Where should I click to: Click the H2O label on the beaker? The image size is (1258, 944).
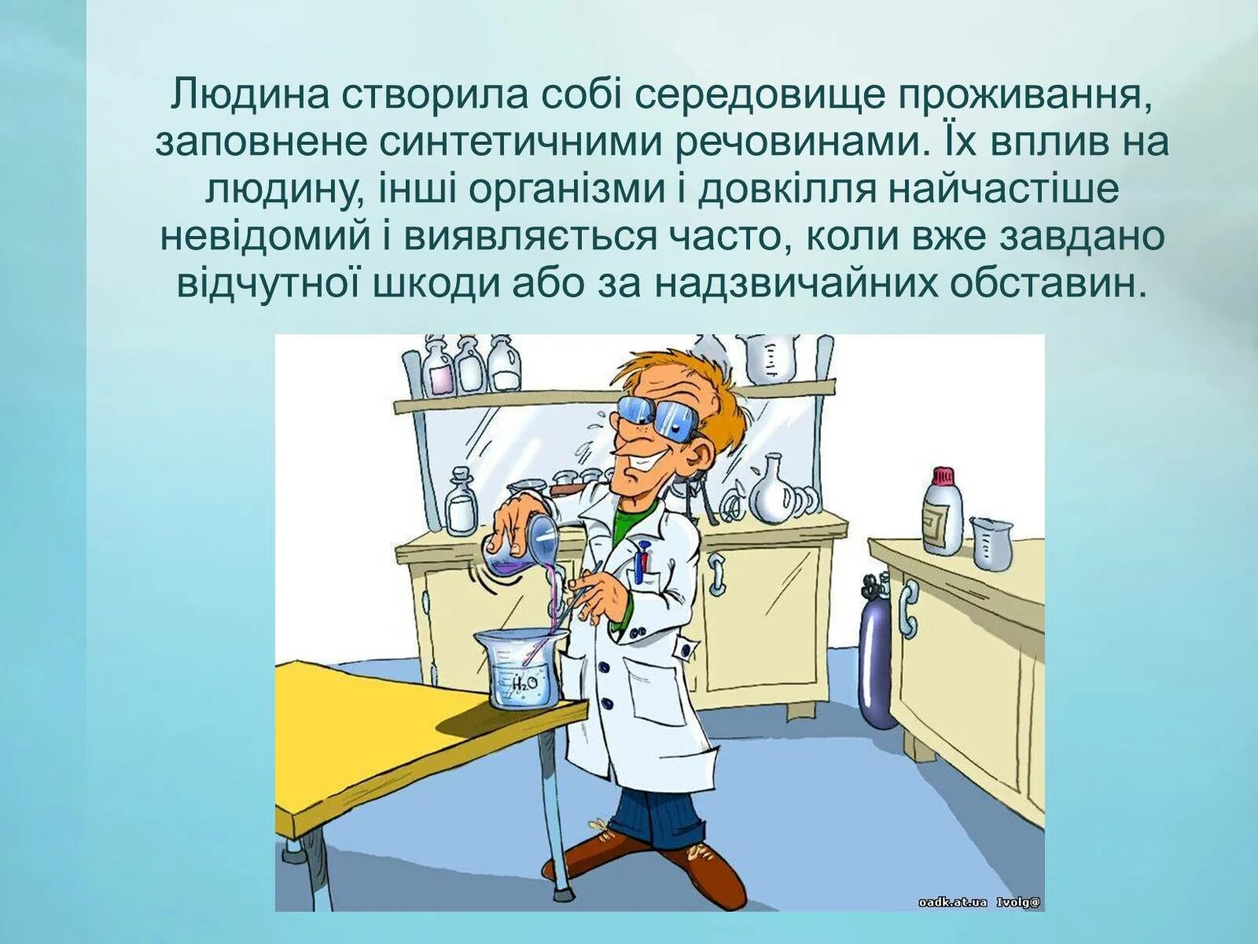coord(524,684)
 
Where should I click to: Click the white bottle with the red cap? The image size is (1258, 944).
coord(942,512)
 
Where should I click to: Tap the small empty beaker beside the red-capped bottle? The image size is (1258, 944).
coord(991,542)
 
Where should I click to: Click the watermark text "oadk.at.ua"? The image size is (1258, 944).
coord(951,902)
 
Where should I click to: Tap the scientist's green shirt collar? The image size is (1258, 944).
coord(629,523)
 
